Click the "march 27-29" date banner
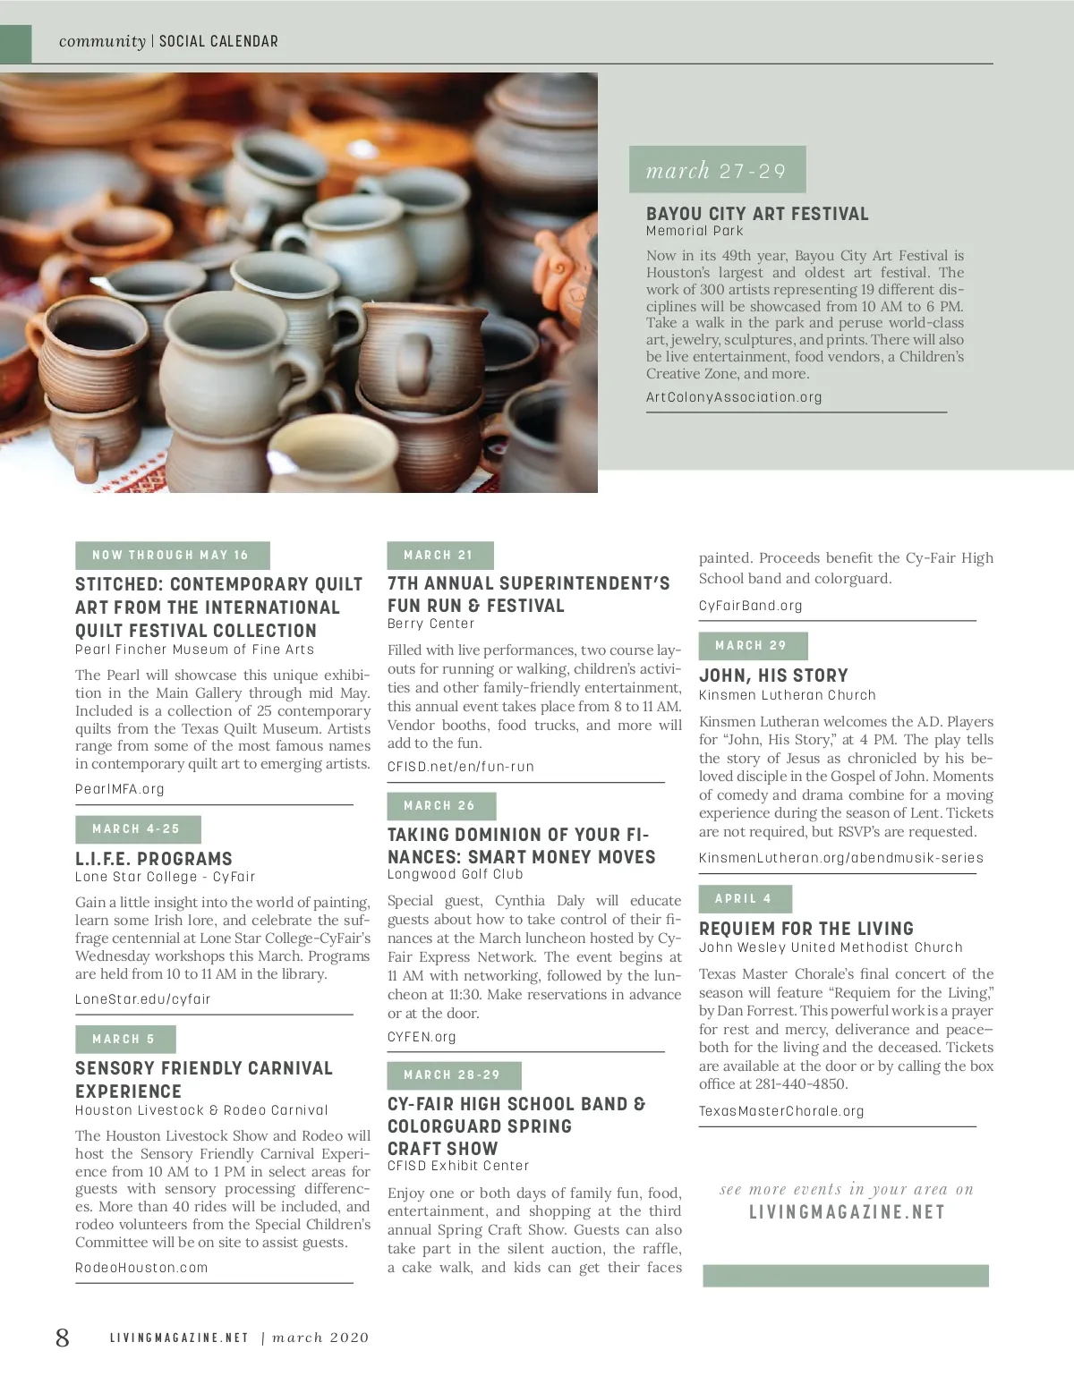coord(717,170)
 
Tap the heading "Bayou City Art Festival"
coord(757,214)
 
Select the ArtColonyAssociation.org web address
coord(734,397)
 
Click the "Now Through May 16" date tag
coord(172,556)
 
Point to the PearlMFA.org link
coord(120,789)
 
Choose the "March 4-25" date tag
coord(137,829)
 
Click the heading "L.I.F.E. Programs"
coord(154,859)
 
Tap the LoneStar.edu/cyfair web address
coord(143,999)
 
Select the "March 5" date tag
coord(124,1040)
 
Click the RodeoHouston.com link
coord(141,1268)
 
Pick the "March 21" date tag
coord(439,556)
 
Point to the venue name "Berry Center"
coord(431,624)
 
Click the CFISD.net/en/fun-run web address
coord(461,767)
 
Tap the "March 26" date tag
coord(440,806)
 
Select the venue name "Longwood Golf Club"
coord(456,874)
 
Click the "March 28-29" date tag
coord(453,1075)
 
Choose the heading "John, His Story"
coord(773,675)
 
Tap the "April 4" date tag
coord(744,899)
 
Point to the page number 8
coord(62,1338)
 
